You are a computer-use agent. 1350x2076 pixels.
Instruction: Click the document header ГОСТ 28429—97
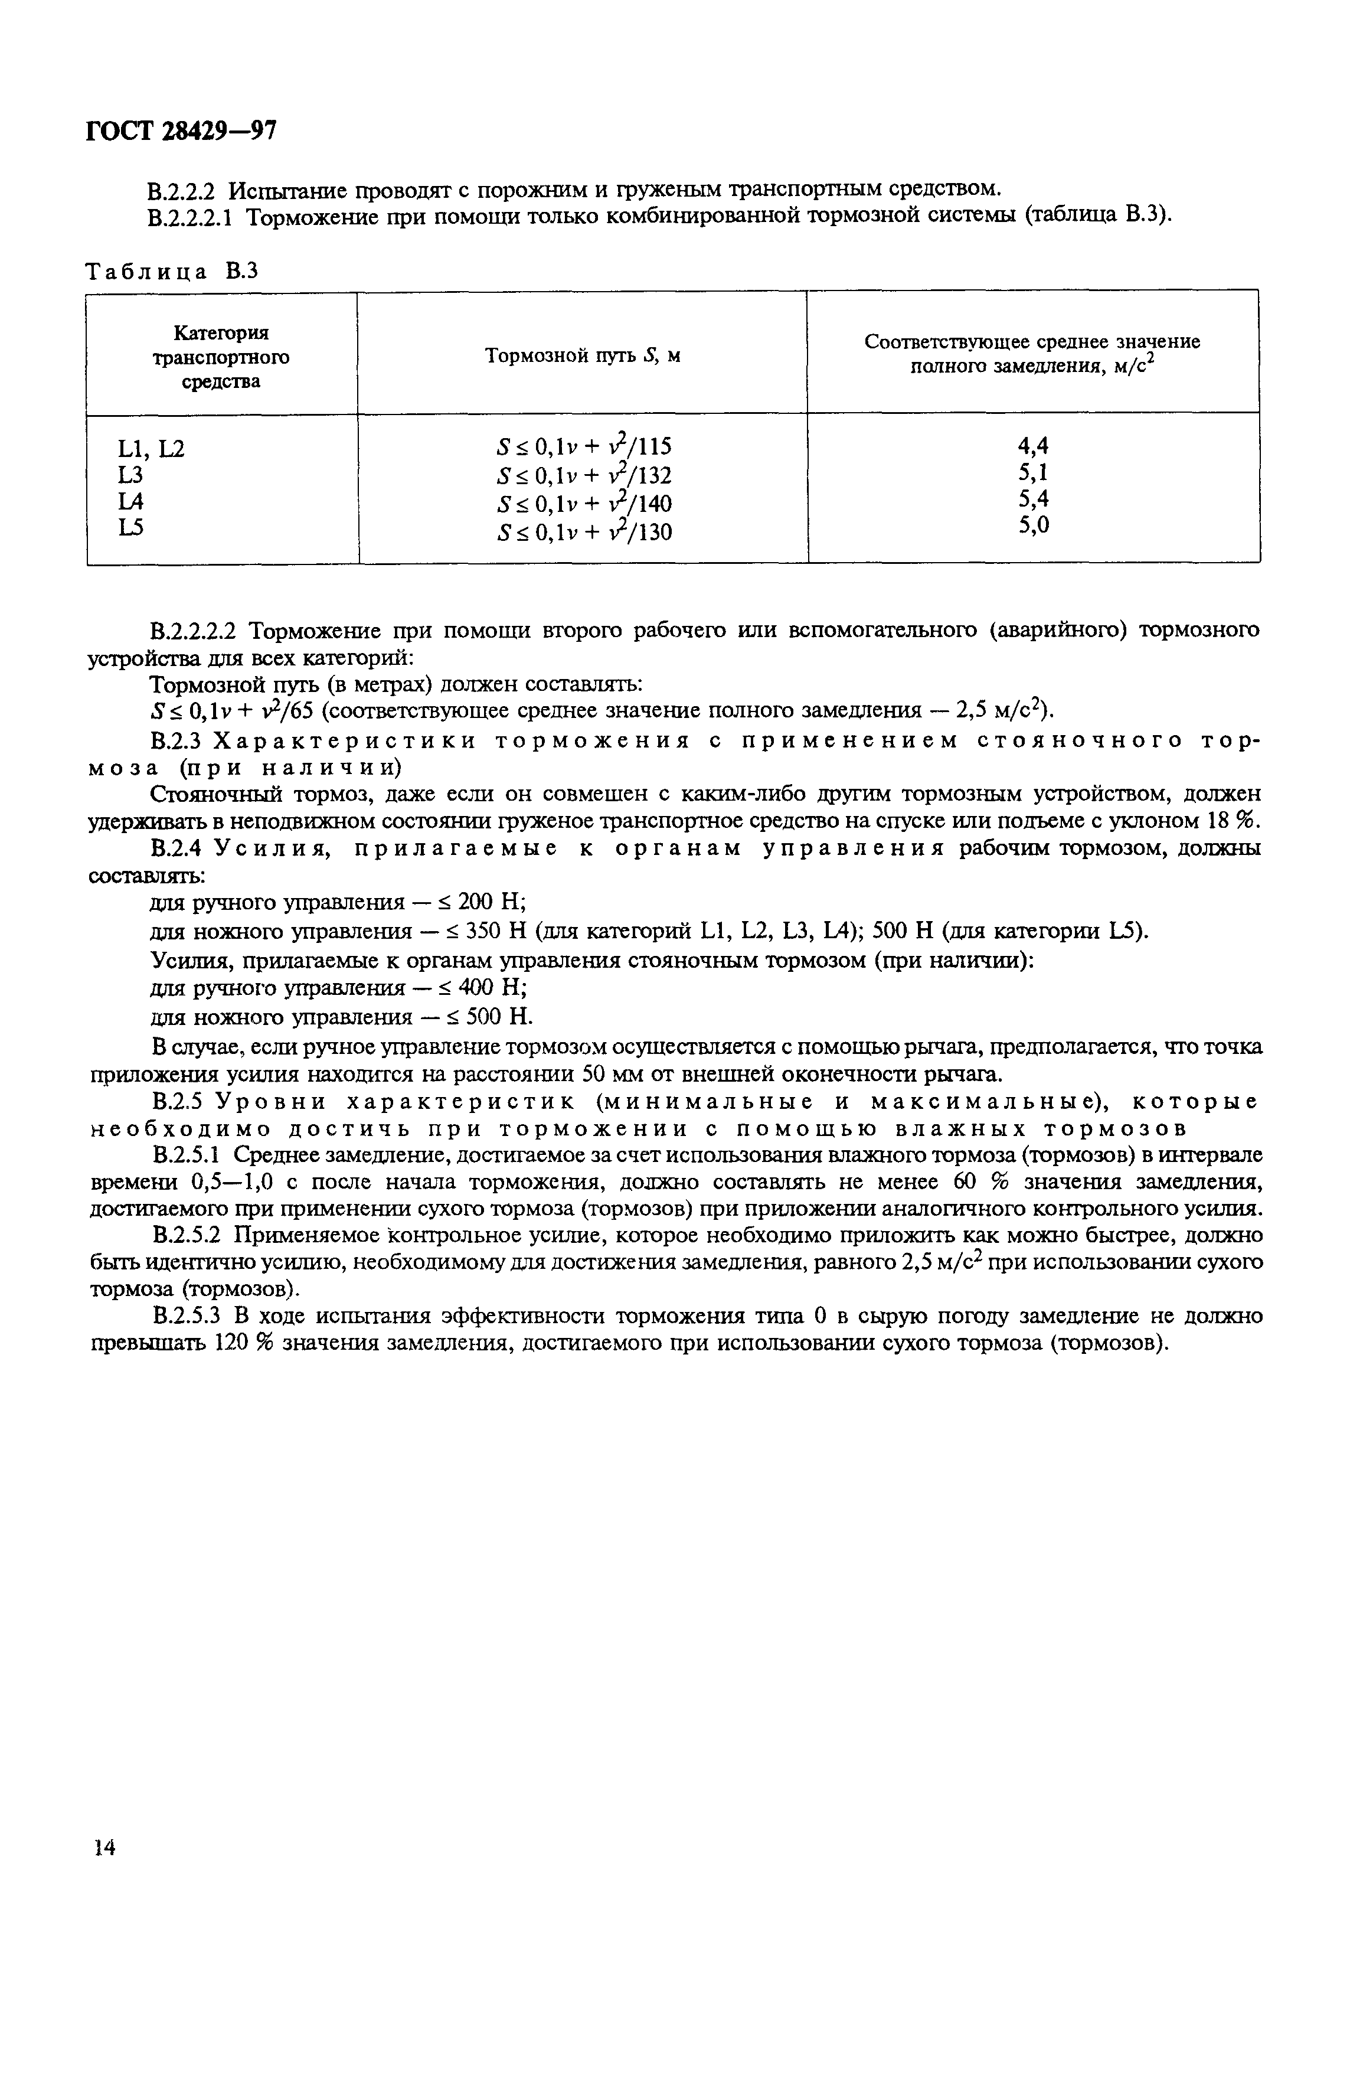coord(181,131)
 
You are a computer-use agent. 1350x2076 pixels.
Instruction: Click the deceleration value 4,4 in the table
coord(1032,446)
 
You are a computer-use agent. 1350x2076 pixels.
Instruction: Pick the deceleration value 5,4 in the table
coord(1032,499)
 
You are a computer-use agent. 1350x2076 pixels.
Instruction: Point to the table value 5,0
coord(1032,525)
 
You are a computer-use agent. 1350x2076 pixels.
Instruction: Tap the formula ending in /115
coord(583,448)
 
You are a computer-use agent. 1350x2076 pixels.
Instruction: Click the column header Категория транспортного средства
coord(221,357)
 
